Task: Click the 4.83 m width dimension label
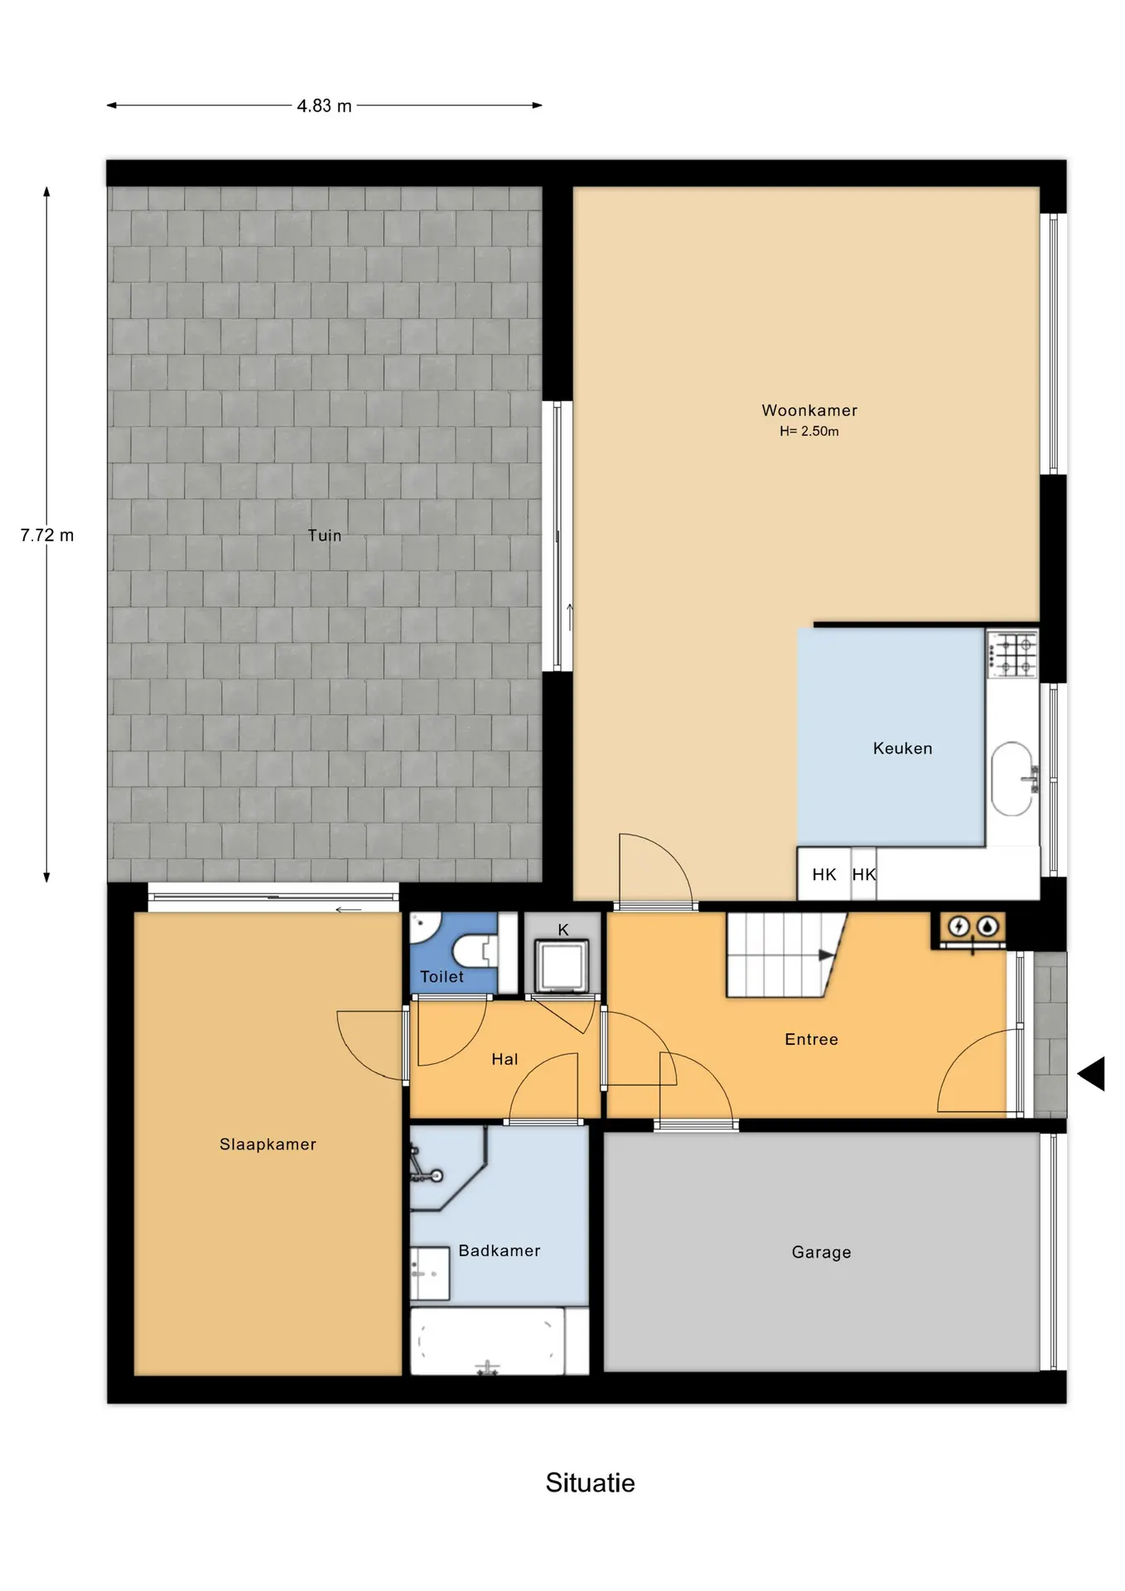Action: coord(325,106)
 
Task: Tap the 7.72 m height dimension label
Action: coord(47,535)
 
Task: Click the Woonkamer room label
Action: coord(809,410)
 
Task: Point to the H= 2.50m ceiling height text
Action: coord(809,431)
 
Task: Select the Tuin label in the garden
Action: coord(325,535)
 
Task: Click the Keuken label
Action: coord(903,748)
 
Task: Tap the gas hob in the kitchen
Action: coord(1012,654)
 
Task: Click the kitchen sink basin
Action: coord(1012,779)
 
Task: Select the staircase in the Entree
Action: coord(786,955)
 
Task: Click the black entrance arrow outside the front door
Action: coord(1092,1074)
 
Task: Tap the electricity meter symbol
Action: coord(958,926)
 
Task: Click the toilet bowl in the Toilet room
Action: coord(474,950)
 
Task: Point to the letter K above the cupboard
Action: coord(563,930)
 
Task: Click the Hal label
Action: coord(505,1059)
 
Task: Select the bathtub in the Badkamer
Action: coord(488,1341)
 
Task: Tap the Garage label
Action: coord(821,1252)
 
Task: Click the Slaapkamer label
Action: coord(268,1144)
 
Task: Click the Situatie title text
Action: coord(590,1482)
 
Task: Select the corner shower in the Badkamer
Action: coord(448,1167)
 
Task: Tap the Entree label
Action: coord(811,1039)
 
